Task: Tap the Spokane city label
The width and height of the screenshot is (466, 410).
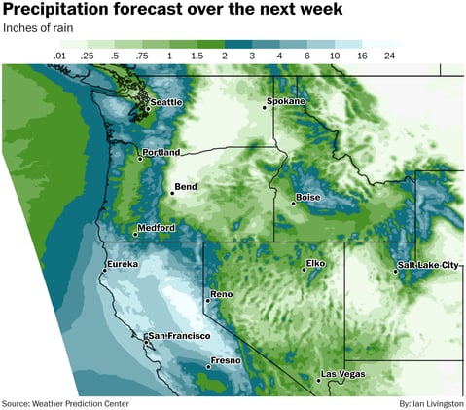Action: [x=287, y=101]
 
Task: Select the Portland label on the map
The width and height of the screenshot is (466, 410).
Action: [x=161, y=153]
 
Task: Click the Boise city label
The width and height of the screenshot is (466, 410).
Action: [x=308, y=198]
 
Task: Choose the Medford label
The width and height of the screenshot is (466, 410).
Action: [x=157, y=228]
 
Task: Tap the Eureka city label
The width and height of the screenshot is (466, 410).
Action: [x=124, y=264]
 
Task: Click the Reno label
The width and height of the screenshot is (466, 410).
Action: [x=221, y=294]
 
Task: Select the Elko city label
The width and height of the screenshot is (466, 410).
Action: [x=315, y=263]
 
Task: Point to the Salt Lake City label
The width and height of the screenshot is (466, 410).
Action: [x=429, y=265]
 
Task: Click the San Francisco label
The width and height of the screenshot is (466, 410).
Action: [x=179, y=336]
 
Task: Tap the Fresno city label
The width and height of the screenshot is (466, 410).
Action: [x=226, y=362]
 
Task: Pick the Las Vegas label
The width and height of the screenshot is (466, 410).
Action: [x=341, y=375]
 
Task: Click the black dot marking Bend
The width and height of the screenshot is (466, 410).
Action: [x=171, y=193]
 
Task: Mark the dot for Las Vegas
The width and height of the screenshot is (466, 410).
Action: [x=319, y=380]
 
